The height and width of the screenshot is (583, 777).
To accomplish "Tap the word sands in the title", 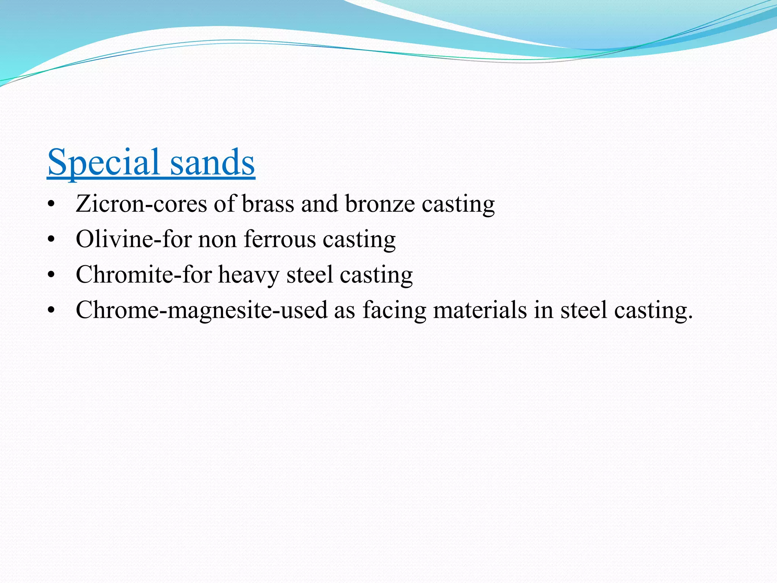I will (212, 162).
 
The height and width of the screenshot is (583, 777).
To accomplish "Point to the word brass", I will (268, 204).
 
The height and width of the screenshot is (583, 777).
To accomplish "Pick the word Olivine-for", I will (134, 239).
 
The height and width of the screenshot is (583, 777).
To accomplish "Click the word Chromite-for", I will (144, 274).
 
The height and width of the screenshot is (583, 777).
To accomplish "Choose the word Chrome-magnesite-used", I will (201, 310).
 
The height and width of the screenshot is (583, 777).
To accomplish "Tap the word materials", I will (480, 310).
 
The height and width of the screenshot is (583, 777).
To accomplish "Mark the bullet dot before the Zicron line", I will (52, 205).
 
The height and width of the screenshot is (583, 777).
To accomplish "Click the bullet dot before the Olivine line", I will (52, 240).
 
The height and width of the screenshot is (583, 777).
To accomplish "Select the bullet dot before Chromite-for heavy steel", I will (52, 276).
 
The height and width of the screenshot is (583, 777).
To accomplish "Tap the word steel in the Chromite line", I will (309, 274).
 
